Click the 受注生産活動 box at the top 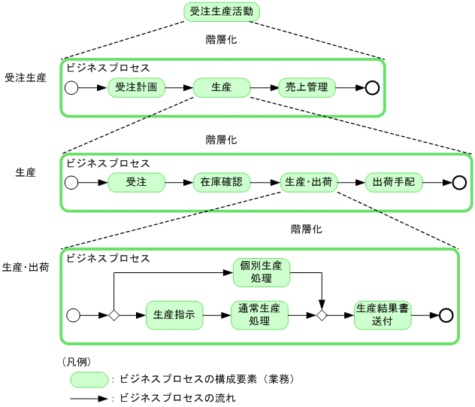tap(222, 12)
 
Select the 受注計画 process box tap(136, 87)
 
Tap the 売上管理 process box tap(307, 87)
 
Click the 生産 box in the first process tap(222, 87)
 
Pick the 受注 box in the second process tap(136, 183)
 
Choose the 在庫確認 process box tap(222, 183)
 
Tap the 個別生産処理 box tap(261, 272)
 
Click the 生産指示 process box tap(174, 315)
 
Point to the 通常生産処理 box tap(259, 315)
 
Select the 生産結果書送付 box tap(383, 315)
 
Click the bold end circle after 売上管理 tap(371, 88)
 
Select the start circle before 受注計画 tap(71, 88)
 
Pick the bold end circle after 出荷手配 tap(458, 183)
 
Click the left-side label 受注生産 tap(26, 77)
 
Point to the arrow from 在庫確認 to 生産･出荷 tap(265, 183)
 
